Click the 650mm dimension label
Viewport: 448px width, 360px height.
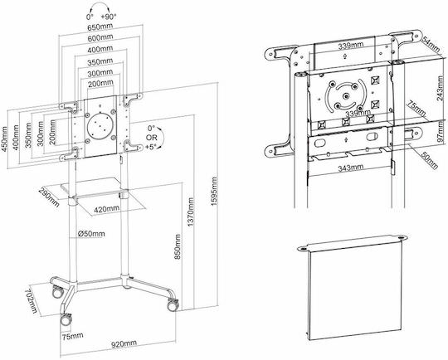click(x=100, y=27)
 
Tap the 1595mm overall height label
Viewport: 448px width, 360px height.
click(x=214, y=192)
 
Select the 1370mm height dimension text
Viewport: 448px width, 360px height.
click(x=191, y=212)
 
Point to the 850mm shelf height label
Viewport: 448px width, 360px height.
click(x=178, y=246)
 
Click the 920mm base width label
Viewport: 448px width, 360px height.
click(x=124, y=343)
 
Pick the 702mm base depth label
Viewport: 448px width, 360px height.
click(x=31, y=300)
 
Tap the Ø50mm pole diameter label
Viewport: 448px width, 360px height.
click(x=91, y=234)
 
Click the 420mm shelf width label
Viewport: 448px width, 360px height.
click(x=106, y=209)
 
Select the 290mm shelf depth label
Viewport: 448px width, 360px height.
click(x=49, y=197)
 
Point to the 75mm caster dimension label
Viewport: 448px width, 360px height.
click(x=73, y=335)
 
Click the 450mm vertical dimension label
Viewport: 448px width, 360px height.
click(x=5, y=139)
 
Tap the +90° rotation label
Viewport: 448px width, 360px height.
click(x=109, y=17)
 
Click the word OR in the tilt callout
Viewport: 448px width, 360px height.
click(x=152, y=138)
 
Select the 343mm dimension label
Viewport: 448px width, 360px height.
click(x=351, y=168)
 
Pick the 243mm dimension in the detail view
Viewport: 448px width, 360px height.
click(x=440, y=88)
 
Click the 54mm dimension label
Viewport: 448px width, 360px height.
click(x=431, y=45)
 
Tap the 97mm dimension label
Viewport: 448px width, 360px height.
click(x=441, y=131)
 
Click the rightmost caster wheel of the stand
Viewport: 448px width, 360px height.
click(x=173, y=305)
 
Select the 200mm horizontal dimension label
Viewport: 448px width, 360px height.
click(x=100, y=84)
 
